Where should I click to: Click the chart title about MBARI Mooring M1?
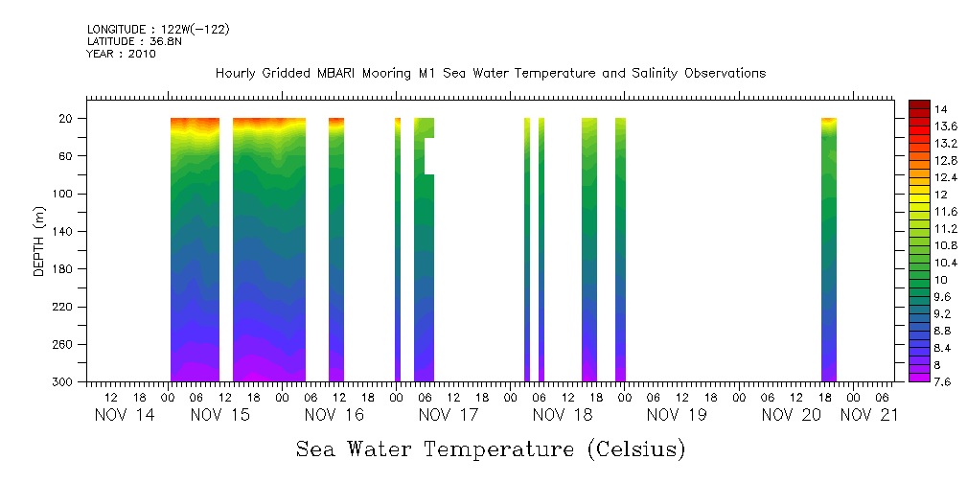click(490, 74)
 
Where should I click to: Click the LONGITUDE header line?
click(158, 30)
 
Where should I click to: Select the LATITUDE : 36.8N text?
click(132, 42)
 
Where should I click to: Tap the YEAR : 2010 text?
click(121, 55)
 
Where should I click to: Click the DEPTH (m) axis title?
click(39, 241)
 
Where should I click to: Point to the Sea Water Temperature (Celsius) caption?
click(491, 448)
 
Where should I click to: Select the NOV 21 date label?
click(869, 415)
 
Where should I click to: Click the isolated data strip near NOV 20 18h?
click(829, 249)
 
